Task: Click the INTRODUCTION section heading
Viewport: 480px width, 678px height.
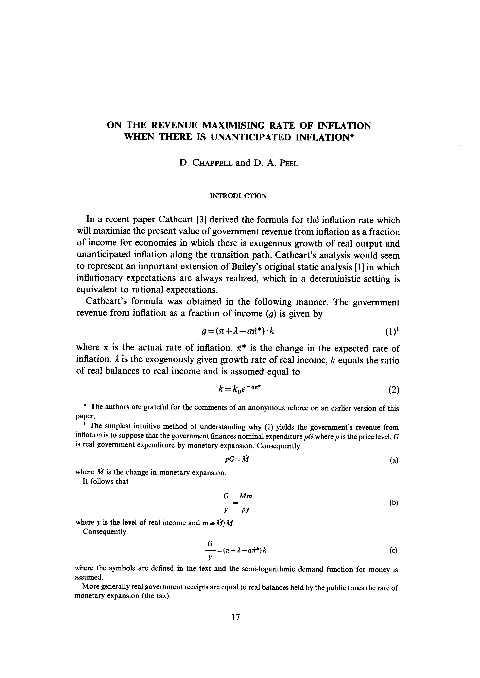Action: [238, 196]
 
